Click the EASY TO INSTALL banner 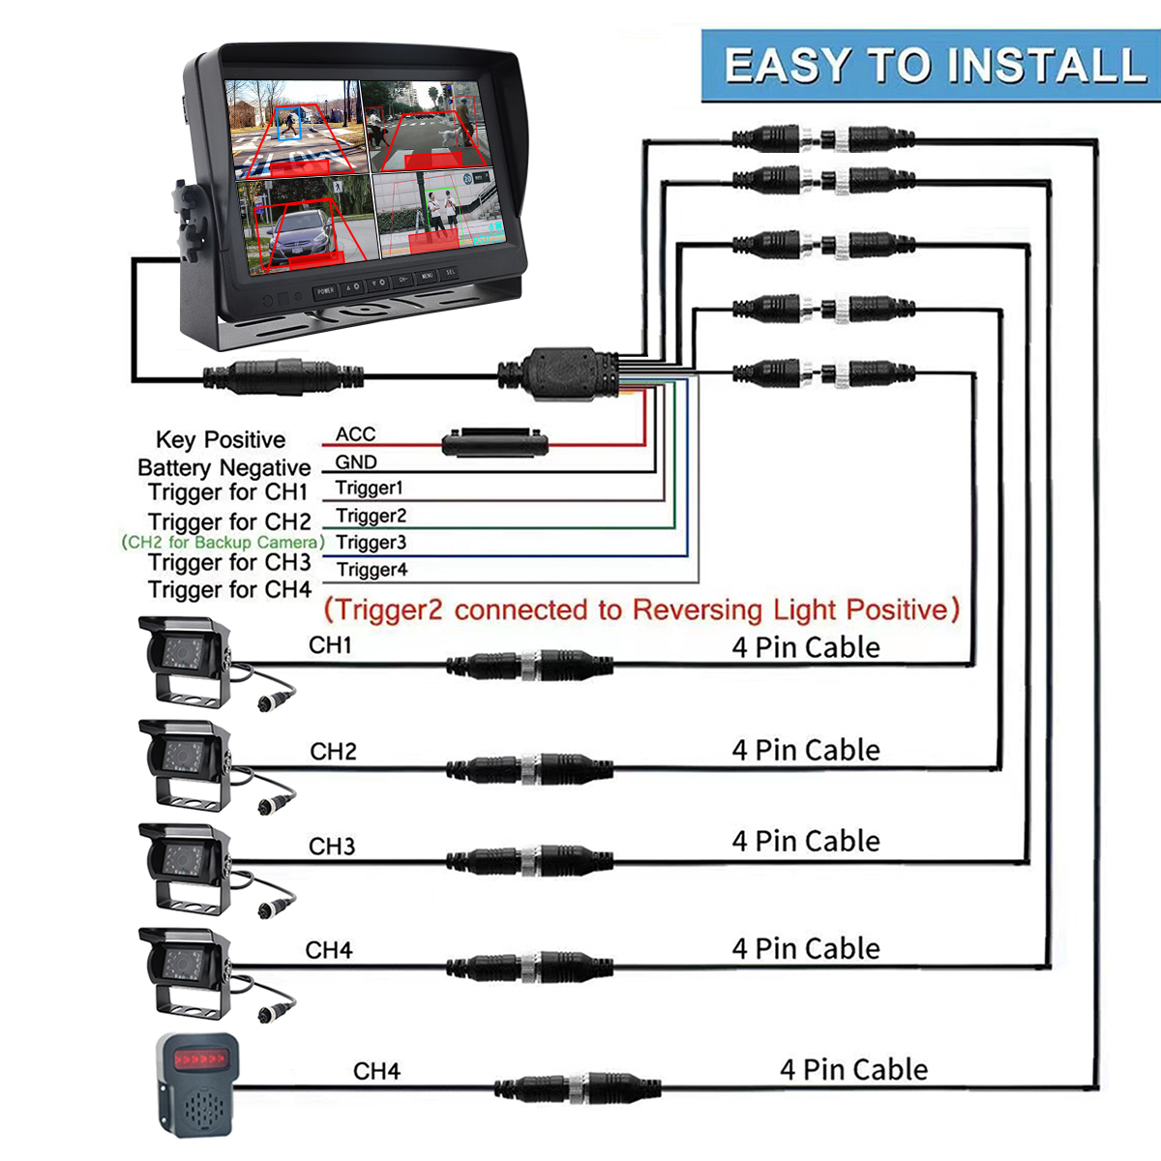click(x=931, y=66)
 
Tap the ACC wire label click(x=355, y=434)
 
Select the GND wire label click(x=355, y=462)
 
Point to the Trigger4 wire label click(x=372, y=570)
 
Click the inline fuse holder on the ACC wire click(x=494, y=444)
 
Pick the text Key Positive click(x=221, y=440)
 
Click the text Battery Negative click(x=223, y=468)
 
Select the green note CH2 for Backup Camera click(x=223, y=543)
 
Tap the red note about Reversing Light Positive click(x=641, y=610)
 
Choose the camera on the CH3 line click(x=186, y=868)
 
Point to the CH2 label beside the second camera click(x=333, y=752)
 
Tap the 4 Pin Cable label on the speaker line click(x=853, y=1069)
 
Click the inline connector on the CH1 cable click(x=529, y=666)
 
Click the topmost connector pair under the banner click(x=823, y=138)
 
